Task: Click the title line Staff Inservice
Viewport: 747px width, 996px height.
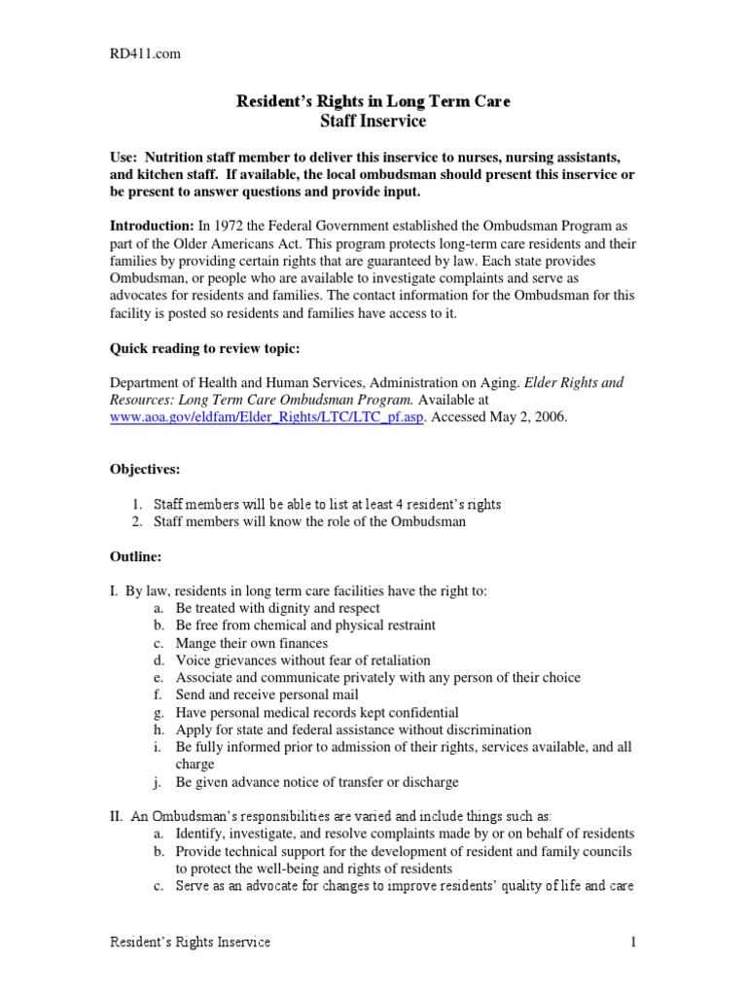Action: click(373, 122)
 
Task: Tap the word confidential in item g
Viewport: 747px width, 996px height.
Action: click(420, 712)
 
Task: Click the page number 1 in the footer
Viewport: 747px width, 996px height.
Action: click(633, 943)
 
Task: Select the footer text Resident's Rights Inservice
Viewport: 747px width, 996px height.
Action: click(189, 943)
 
